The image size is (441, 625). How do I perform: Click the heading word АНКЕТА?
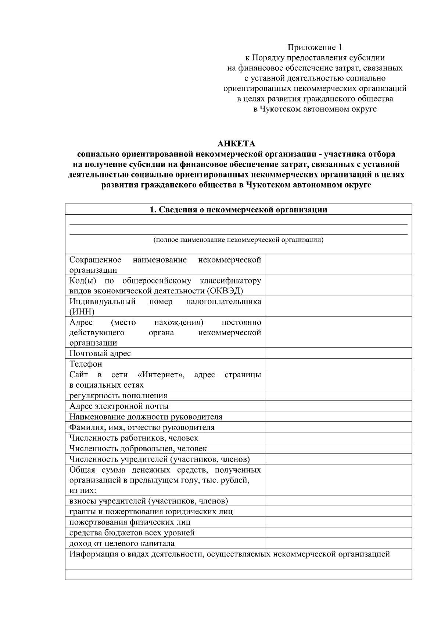236,144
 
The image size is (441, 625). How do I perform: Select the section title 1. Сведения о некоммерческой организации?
239,210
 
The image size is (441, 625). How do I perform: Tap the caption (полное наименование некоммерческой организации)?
238,240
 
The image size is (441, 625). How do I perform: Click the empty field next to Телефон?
338,364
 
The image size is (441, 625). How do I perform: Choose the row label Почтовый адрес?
100,354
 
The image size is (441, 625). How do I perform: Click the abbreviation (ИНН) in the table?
82,312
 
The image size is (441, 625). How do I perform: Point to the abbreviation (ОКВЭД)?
225,291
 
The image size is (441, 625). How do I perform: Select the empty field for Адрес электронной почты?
338,406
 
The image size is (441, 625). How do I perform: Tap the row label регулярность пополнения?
118,396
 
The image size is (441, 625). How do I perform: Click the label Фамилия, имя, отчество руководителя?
142,427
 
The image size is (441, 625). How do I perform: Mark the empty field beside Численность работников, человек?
338,438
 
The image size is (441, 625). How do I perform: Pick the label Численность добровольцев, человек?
138,449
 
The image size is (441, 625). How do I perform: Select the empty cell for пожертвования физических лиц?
338,522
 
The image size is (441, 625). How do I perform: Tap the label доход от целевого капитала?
122,543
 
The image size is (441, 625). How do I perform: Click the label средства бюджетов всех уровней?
132,533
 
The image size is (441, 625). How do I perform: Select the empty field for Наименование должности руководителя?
338,417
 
